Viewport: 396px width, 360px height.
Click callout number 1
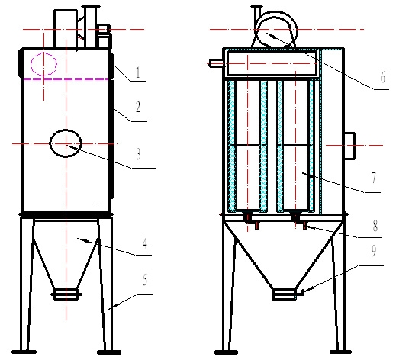click(x=138, y=72)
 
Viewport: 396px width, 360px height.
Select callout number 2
click(x=138, y=107)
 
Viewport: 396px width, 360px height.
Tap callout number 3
click(x=138, y=154)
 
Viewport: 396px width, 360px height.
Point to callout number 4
click(x=145, y=243)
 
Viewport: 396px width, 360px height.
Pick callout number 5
click(x=145, y=280)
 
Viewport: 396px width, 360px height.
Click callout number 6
click(x=383, y=77)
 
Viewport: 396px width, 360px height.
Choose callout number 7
click(x=374, y=178)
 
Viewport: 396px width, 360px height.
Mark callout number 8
click(x=375, y=226)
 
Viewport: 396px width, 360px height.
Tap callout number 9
click(x=374, y=251)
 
